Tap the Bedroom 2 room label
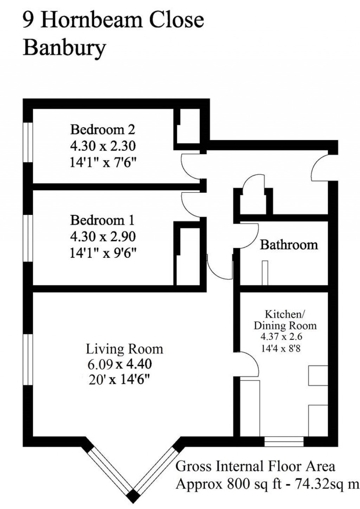click(102, 129)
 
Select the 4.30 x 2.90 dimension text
click(103, 237)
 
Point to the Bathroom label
click(289, 244)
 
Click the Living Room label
click(124, 349)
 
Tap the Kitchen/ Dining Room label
click(285, 319)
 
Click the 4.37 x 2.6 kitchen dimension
click(281, 337)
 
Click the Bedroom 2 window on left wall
click(28, 142)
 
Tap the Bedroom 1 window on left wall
click(28, 238)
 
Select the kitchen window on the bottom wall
click(284, 441)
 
